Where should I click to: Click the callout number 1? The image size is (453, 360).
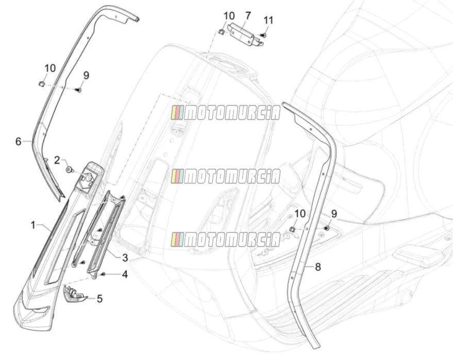33,225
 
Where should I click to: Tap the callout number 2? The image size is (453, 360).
57,160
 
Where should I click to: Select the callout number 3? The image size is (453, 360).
125,258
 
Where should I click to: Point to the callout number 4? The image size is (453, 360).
125,274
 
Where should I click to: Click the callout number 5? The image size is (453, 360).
99,299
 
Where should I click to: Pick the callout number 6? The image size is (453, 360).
19,141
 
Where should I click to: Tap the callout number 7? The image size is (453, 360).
248,15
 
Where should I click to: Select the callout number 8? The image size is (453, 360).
318,267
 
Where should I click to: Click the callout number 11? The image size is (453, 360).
269,21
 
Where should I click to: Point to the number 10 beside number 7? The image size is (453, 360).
229,16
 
